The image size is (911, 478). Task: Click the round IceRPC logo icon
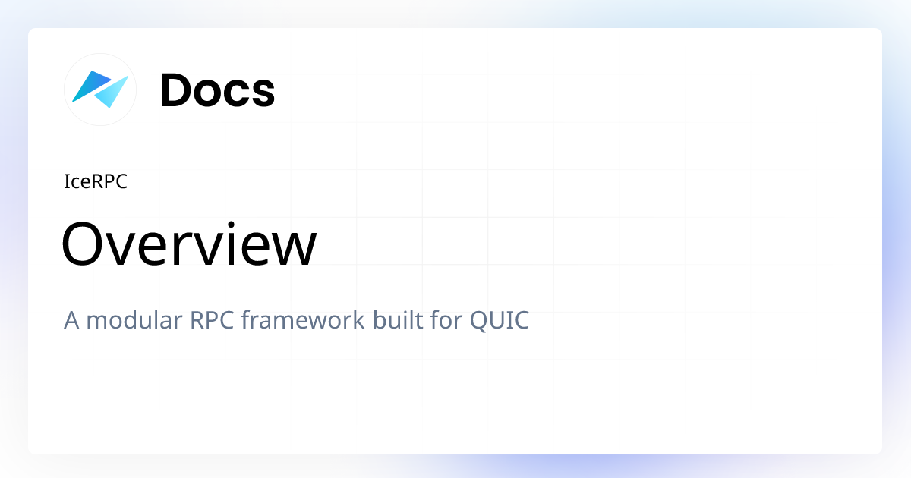tap(100, 90)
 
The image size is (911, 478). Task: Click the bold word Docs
tap(217, 90)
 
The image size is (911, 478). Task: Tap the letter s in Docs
tap(263, 93)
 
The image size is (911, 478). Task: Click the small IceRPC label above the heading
tap(96, 182)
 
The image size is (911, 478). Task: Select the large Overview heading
tap(189, 244)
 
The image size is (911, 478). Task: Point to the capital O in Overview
tap(82, 244)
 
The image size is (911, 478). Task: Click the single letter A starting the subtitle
tap(72, 320)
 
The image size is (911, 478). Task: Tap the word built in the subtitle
tap(396, 320)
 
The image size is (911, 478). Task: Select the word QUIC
tap(500, 320)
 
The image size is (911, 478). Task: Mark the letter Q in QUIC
tap(479, 321)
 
